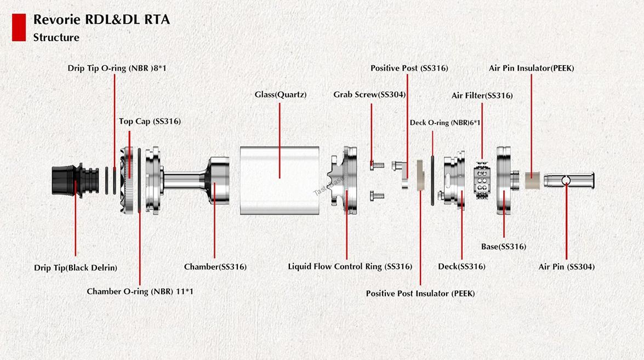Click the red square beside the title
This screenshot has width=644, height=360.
[19, 27]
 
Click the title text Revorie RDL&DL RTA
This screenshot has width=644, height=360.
[101, 19]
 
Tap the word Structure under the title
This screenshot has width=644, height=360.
[56, 37]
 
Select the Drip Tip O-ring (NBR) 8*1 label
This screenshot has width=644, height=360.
[117, 68]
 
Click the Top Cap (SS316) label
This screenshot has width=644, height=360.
[150, 121]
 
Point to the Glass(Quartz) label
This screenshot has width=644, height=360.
[281, 94]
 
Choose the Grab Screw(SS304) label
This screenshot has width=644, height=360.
[369, 94]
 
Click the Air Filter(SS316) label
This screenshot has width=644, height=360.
[482, 95]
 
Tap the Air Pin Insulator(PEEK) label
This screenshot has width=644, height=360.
[532, 68]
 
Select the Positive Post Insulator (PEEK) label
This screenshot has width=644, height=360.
[420, 294]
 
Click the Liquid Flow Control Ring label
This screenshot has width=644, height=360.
[350, 266]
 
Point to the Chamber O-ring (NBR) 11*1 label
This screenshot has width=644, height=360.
[140, 292]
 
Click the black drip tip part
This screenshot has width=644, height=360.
[75, 180]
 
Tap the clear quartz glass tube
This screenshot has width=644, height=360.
[280, 180]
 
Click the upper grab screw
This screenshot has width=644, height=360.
[377, 165]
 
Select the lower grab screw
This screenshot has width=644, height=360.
[377, 196]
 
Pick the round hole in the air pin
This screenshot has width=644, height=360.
[566, 180]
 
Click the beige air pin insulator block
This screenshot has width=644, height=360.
[532, 181]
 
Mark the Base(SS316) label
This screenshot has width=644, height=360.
[504, 247]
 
